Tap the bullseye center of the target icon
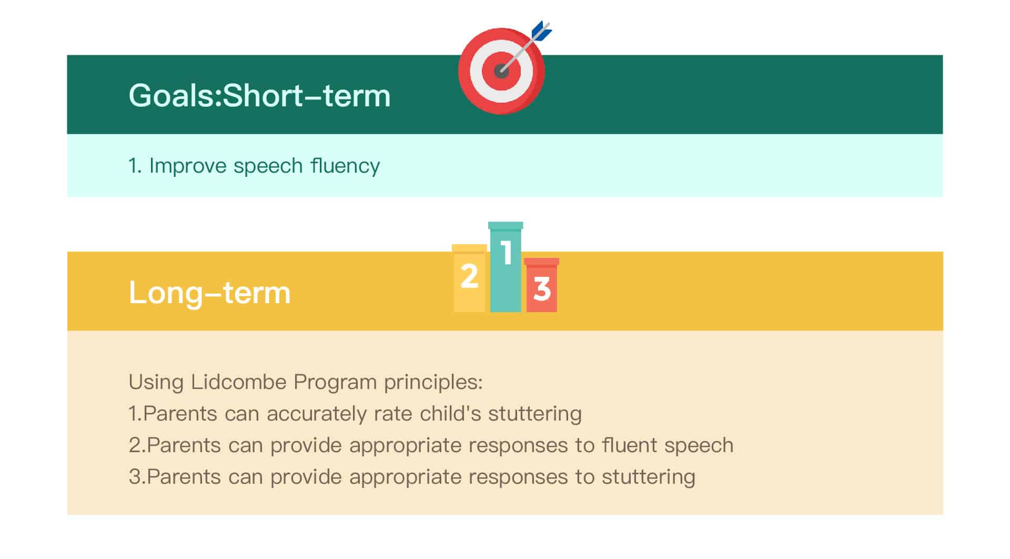pyautogui.click(x=501, y=71)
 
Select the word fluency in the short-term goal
pyautogui.click(x=345, y=166)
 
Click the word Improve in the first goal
pyautogui.click(x=187, y=166)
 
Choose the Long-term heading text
pyautogui.click(x=209, y=292)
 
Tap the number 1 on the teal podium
pyautogui.click(x=506, y=253)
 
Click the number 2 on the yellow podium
pyautogui.click(x=469, y=276)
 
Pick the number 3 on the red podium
pyautogui.click(x=542, y=289)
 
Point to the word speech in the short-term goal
pyautogui.click(x=268, y=166)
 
